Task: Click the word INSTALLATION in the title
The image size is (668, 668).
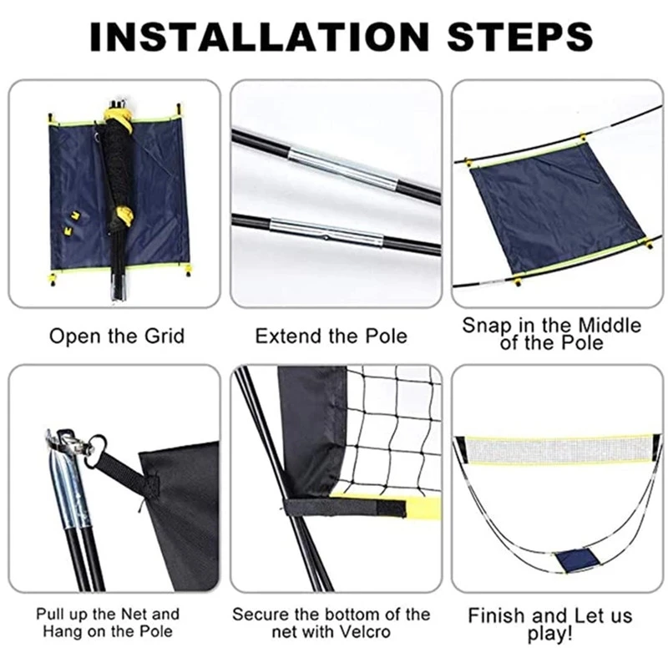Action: (x=260, y=37)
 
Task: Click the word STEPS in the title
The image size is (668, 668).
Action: (x=519, y=37)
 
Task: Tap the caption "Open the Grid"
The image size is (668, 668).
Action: (x=117, y=337)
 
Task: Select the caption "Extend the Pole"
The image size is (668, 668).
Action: (x=331, y=337)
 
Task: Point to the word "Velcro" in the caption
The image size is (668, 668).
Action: (x=362, y=632)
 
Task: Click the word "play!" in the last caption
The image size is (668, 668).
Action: (x=550, y=634)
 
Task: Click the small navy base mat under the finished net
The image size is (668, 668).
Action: (x=576, y=560)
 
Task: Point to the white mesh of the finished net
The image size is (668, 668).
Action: (x=559, y=450)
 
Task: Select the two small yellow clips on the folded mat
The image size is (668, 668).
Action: (x=73, y=223)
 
